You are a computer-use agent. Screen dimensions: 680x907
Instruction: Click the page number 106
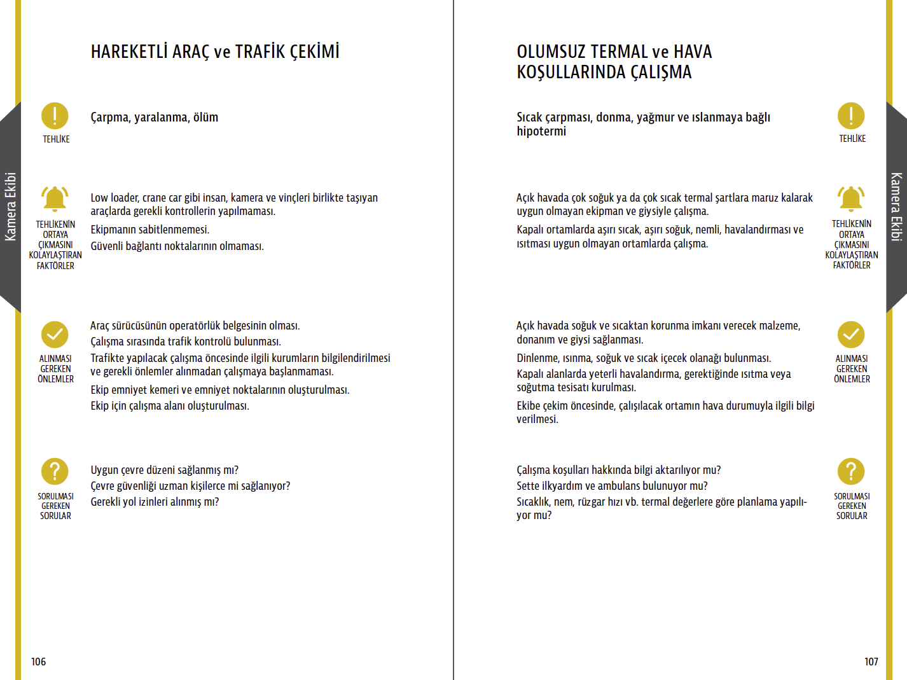tap(39, 662)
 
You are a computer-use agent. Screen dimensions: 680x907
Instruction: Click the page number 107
tap(871, 662)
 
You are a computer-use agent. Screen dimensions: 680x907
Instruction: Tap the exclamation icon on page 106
tap(55, 116)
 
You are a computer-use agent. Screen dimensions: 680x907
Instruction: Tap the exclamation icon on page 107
tap(851, 116)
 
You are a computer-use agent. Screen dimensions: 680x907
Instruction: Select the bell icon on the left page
tap(55, 198)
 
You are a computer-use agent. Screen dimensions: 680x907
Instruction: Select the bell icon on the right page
tap(851, 198)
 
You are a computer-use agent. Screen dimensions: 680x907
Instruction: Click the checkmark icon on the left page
tap(55, 335)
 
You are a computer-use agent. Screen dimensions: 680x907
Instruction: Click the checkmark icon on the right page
tap(851, 335)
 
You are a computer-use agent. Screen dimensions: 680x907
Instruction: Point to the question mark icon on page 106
tap(55, 471)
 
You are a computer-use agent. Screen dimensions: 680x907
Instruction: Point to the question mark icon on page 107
tap(851, 471)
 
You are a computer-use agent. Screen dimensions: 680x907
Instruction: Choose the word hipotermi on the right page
tap(541, 132)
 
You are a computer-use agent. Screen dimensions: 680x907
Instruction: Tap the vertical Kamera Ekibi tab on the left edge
tap(10, 207)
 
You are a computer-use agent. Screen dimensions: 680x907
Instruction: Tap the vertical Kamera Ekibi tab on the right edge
tap(896, 207)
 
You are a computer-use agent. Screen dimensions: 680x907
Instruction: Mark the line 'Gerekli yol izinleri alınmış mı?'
tap(155, 502)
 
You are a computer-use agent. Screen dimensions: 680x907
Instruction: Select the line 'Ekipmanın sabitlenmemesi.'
tap(149, 230)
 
